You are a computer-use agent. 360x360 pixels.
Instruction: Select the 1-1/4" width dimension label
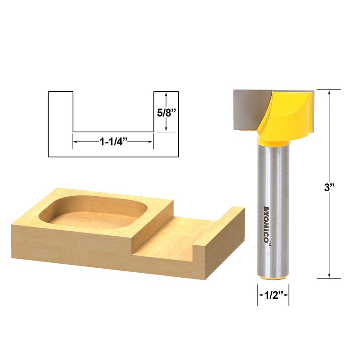[114, 141]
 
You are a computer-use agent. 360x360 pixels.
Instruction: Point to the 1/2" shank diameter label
[273, 296]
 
